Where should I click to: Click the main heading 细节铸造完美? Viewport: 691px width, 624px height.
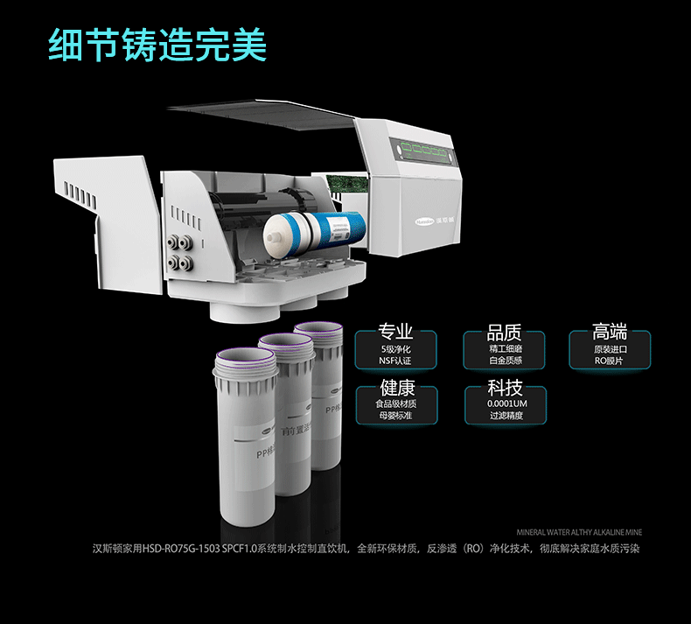[157, 44]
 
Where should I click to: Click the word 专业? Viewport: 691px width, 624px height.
[395, 332]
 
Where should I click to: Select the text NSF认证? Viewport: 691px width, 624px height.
[395, 361]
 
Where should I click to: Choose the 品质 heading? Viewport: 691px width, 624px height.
[504, 332]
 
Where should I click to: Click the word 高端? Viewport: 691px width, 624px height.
[610, 332]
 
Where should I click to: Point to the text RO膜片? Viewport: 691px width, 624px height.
[610, 361]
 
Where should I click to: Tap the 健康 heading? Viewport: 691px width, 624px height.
[397, 388]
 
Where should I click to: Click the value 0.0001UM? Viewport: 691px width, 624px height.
[506, 404]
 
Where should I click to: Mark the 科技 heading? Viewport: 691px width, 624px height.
[506, 388]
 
